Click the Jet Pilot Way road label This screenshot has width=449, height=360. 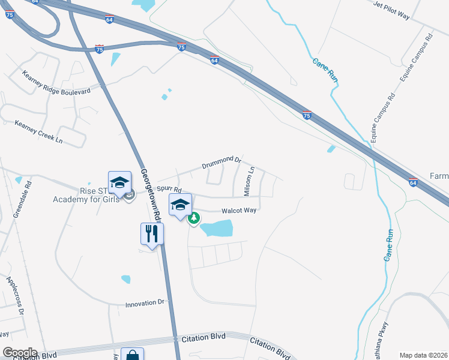pyautogui.click(x=391, y=11)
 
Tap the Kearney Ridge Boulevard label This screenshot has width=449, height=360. pyautogui.click(x=56, y=83)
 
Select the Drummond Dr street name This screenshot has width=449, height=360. pyautogui.click(x=221, y=161)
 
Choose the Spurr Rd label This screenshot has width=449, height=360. pyautogui.click(x=169, y=188)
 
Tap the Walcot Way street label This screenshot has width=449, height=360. pyautogui.click(x=239, y=211)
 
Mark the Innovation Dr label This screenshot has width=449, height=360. pyautogui.click(x=145, y=304)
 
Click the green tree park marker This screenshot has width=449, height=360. pyautogui.click(x=194, y=219)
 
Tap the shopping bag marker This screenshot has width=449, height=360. pyautogui.click(x=132, y=354)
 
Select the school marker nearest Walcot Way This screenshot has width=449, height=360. pyautogui.click(x=180, y=205)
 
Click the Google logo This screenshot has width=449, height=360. pyautogui.click(x=20, y=353)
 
